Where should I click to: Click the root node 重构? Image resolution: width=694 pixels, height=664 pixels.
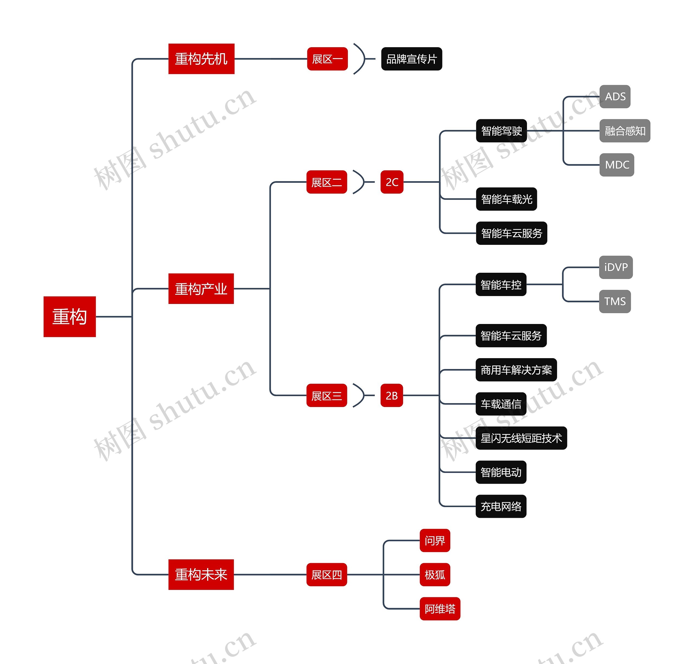[69, 316]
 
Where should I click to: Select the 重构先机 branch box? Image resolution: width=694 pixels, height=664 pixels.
[201, 59]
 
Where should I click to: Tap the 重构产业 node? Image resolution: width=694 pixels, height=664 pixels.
[201, 288]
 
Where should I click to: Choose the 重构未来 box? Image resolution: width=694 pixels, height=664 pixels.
[201, 575]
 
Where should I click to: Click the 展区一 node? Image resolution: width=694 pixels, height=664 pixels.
[327, 59]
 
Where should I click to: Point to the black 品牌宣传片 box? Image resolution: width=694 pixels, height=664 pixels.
[411, 59]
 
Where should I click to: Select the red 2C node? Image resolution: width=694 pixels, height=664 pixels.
[392, 182]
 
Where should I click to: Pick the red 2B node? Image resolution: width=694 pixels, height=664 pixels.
[391, 395]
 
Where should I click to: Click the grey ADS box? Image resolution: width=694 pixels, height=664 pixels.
[615, 97]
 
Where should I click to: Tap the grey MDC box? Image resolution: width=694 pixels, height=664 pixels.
[616, 165]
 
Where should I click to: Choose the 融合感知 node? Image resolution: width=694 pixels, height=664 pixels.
[625, 131]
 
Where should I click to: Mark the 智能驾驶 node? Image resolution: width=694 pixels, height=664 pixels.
[501, 131]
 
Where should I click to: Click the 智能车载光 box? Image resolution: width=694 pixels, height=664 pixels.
[506, 199]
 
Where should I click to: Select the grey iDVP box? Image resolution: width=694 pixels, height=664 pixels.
[615, 267]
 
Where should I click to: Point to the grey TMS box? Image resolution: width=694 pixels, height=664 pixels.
[615, 301]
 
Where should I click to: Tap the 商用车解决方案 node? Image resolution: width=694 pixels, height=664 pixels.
[516, 370]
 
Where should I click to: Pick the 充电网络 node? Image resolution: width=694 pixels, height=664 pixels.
[501, 506]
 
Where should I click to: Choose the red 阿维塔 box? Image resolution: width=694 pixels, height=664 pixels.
[439, 609]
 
